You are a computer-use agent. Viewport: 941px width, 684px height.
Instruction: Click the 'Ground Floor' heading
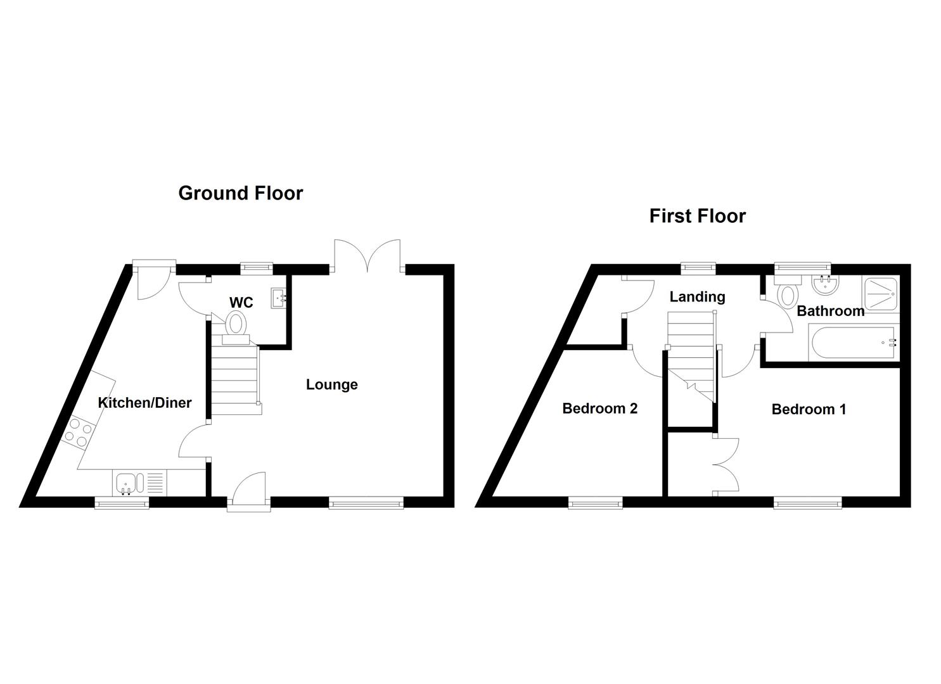click(x=240, y=193)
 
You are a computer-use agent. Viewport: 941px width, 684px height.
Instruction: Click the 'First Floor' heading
click(x=697, y=216)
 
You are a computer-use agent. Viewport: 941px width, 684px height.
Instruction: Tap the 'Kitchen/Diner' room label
click(x=144, y=403)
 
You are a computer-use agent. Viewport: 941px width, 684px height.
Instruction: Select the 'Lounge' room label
click(x=331, y=384)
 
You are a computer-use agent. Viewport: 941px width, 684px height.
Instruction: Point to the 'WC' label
click(x=241, y=303)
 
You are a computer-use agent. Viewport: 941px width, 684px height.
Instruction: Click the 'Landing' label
click(x=697, y=296)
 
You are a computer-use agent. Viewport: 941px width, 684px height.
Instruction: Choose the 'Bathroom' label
click(x=830, y=311)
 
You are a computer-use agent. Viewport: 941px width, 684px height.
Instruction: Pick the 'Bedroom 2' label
click(x=599, y=408)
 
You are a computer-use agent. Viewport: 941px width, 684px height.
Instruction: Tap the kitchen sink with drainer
click(x=139, y=483)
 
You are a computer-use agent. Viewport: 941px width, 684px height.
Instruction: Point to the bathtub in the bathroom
click(x=853, y=343)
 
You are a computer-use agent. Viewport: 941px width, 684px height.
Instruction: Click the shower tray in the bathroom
click(x=881, y=294)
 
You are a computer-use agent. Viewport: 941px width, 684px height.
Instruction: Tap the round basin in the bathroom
click(x=824, y=286)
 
